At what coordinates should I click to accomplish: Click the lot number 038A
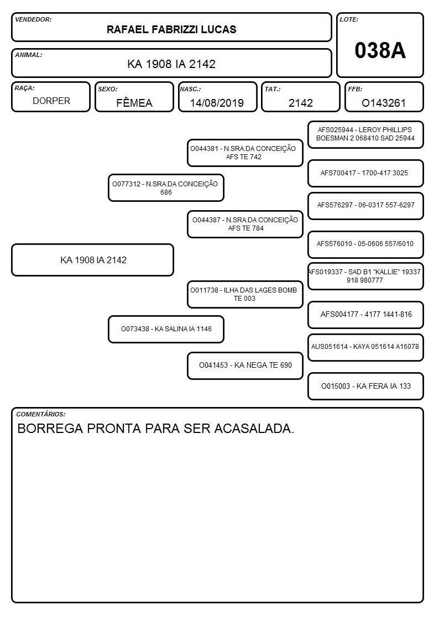[380, 50]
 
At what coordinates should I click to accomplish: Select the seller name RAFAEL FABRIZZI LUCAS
[171, 29]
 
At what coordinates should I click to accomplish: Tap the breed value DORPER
[51, 101]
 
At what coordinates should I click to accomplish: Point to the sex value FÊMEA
[134, 102]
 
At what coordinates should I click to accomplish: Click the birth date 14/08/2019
[217, 103]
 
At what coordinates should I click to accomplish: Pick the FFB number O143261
[384, 103]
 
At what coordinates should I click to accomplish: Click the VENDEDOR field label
[33, 19]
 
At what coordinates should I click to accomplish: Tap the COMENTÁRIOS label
[41, 414]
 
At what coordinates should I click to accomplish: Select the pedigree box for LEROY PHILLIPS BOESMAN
[365, 134]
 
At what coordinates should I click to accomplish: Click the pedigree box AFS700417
[365, 173]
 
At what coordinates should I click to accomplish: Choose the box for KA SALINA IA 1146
[166, 329]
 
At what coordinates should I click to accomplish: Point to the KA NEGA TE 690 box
[245, 366]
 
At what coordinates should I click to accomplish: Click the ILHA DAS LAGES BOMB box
[245, 294]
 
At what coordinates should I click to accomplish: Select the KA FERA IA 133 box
[365, 386]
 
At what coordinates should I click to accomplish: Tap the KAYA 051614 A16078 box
[365, 347]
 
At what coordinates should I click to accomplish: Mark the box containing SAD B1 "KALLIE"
[365, 276]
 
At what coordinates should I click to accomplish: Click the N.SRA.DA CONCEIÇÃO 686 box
[166, 187]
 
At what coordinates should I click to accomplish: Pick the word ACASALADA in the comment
[254, 429]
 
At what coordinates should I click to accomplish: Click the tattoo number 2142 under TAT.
[301, 103]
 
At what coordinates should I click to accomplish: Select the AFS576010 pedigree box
[365, 244]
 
